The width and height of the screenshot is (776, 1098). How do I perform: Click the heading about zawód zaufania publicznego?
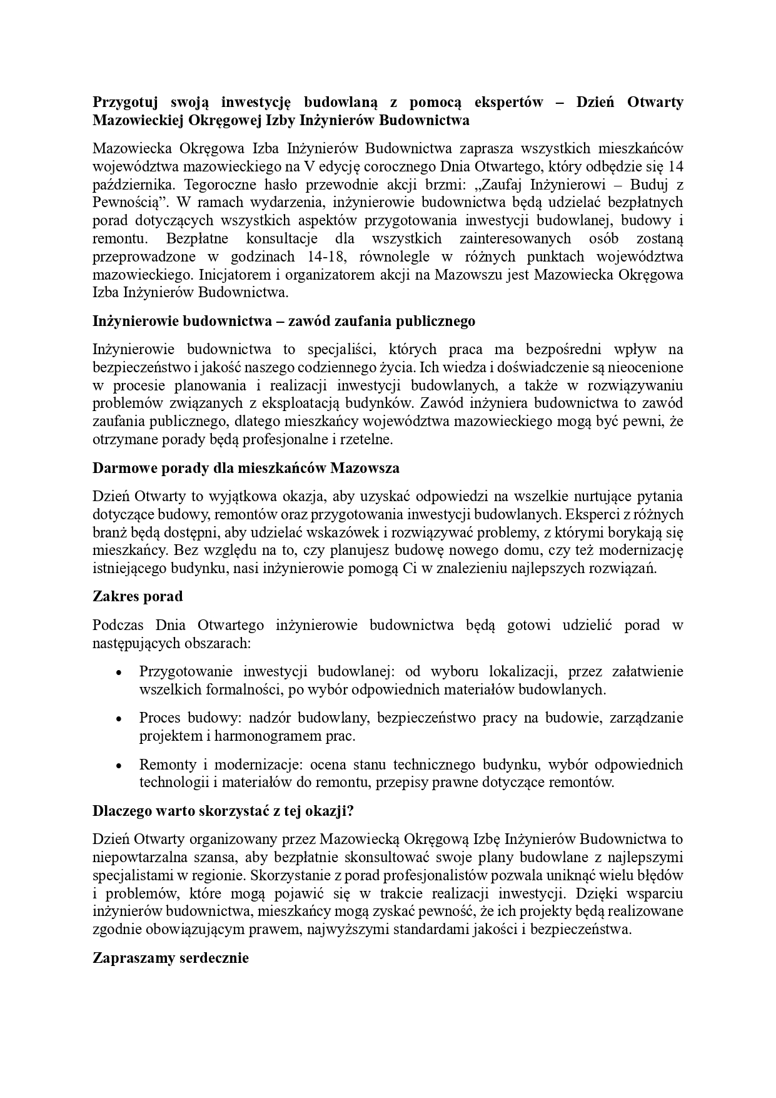point(283,321)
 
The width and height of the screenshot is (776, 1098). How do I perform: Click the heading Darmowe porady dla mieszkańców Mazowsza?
point(246,468)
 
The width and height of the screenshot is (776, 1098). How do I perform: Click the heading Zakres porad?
point(138,596)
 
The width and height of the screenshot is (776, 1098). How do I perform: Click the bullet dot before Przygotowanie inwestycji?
point(118,673)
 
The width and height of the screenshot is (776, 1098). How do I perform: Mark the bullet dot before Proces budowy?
point(118,719)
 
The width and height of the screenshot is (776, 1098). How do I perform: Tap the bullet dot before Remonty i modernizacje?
point(118,766)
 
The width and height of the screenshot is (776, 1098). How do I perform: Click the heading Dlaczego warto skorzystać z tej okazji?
point(223,811)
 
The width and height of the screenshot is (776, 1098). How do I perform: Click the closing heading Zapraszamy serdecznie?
point(171,958)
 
